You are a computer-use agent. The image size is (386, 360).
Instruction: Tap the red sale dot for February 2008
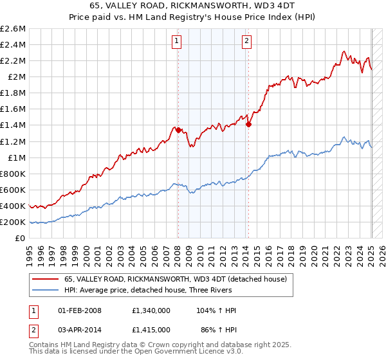point(178,130)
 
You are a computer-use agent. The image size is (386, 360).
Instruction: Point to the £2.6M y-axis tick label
point(14,29)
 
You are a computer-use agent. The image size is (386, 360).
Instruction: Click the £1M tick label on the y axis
point(17,157)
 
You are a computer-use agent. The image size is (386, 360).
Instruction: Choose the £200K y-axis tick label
point(14,222)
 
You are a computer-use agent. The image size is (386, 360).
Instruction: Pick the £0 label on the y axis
point(21,238)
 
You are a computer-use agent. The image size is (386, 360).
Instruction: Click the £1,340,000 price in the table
point(151,310)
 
